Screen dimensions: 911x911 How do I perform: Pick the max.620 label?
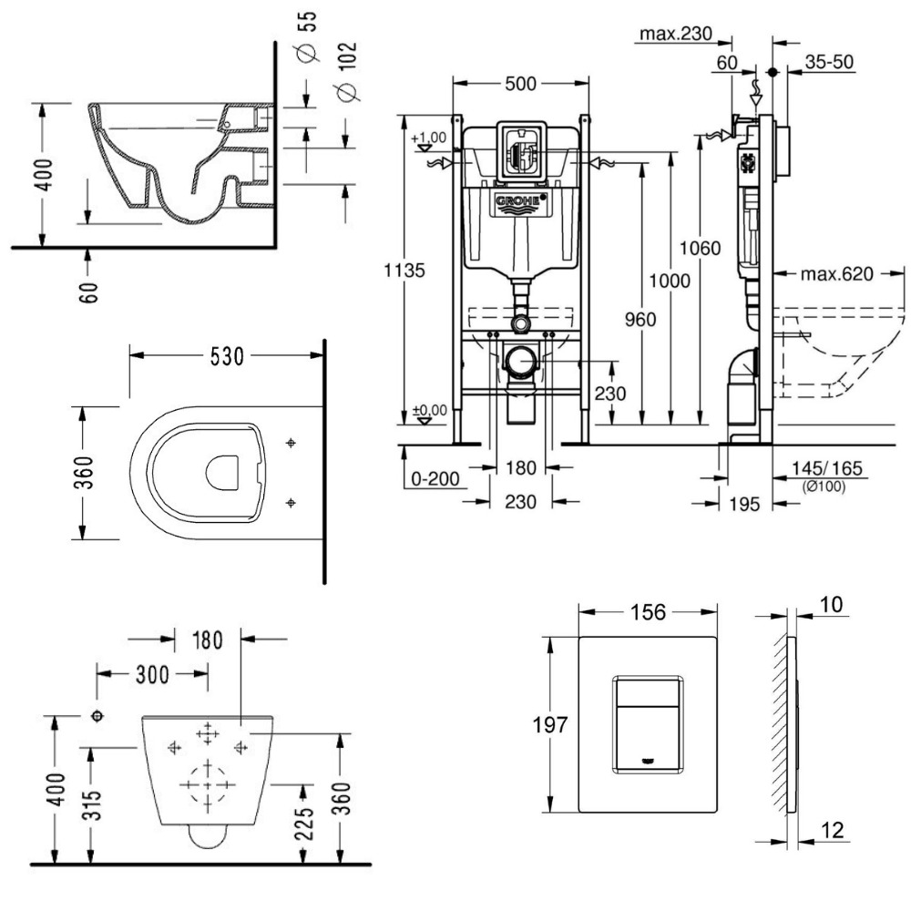[x=835, y=273]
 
